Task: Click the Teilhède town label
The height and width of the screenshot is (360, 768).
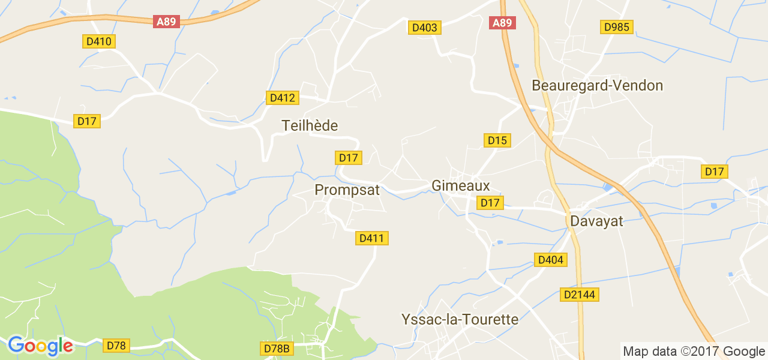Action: (x=310, y=125)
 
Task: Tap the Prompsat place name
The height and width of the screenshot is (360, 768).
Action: (x=347, y=190)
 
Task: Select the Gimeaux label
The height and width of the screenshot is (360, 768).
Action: (x=460, y=186)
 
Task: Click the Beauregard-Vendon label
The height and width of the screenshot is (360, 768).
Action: (x=597, y=85)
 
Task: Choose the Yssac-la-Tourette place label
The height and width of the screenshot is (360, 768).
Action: (x=460, y=319)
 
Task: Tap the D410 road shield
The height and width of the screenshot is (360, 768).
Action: (x=99, y=41)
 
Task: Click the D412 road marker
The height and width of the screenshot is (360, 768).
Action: (x=281, y=98)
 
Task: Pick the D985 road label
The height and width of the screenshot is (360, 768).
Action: (x=617, y=27)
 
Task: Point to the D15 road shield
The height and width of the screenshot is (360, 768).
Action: (x=497, y=140)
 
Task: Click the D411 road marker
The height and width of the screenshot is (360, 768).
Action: (x=372, y=238)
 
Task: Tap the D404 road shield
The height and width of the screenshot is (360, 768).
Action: (x=550, y=260)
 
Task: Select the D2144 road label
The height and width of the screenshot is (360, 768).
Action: (x=580, y=295)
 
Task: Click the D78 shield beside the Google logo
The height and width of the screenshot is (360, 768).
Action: (x=116, y=346)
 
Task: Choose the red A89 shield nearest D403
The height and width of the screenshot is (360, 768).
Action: (x=502, y=23)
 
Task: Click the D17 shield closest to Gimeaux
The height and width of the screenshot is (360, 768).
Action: (x=490, y=203)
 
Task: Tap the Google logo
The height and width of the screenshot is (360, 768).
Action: (x=40, y=346)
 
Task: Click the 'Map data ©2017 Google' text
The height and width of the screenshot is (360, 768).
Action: (x=694, y=352)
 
